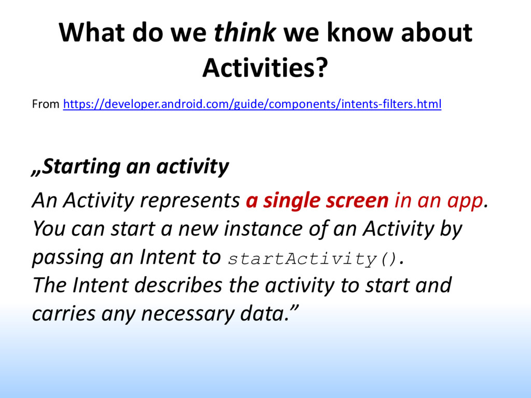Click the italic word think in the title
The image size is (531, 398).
tap(245, 33)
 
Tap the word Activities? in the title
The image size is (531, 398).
tap(265, 68)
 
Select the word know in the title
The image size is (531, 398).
tap(360, 33)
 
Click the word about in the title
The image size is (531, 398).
tap(437, 33)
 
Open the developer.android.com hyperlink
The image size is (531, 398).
tap(253, 104)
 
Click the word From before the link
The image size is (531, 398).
tap(46, 104)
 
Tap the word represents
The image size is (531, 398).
tap(190, 201)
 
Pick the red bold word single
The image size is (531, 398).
tap(291, 201)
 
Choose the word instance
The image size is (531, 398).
tap(263, 229)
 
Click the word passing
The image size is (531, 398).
tap(68, 258)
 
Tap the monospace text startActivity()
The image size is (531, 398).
tap(312, 259)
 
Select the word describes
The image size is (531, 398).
tap(178, 285)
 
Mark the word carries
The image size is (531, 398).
tap(64, 314)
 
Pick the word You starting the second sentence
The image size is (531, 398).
tap(49, 229)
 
